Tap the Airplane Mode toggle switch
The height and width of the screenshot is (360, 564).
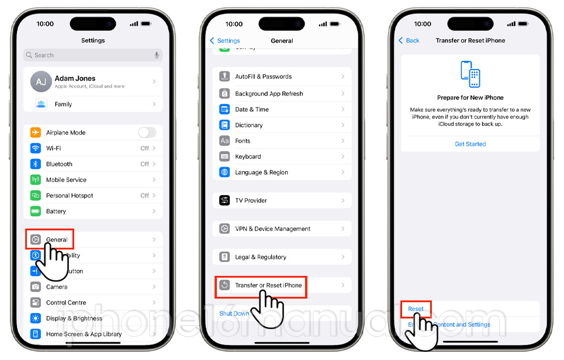pos(147,133)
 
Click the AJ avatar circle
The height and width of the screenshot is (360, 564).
pos(40,82)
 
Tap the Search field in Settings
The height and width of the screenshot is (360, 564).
pos(93,55)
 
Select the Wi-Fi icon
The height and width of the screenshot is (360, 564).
pos(36,148)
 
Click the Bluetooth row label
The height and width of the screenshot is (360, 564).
pos(59,164)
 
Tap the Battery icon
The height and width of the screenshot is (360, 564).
pos(36,212)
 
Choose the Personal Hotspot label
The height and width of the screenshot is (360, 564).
pos(70,196)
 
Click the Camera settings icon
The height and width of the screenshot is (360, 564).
pos(36,287)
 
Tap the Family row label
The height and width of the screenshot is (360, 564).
pos(63,104)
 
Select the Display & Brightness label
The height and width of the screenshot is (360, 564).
pos(74,319)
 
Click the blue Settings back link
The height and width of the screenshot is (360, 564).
pos(225,41)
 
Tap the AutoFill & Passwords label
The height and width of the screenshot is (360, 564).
pos(263,77)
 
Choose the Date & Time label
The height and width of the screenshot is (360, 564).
pos(252,109)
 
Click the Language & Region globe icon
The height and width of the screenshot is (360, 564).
pos(224,172)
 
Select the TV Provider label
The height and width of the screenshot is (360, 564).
pos(251,200)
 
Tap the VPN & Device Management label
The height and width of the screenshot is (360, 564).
pos(272,229)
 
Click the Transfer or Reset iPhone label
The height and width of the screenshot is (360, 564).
pos(268,285)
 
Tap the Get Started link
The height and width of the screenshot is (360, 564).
pos(470,144)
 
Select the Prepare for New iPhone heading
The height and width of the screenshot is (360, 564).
pos(470,98)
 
